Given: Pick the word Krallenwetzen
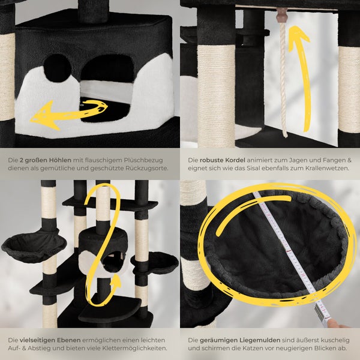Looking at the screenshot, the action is pos(327,168).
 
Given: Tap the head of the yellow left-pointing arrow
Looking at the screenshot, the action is pos(44,115).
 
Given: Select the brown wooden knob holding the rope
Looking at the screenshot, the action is pos(281,15).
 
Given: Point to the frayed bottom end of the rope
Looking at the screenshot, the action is pos(285,135).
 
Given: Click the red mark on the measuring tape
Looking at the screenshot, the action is pos(289,251).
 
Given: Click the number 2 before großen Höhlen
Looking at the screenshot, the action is pos(22,160).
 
